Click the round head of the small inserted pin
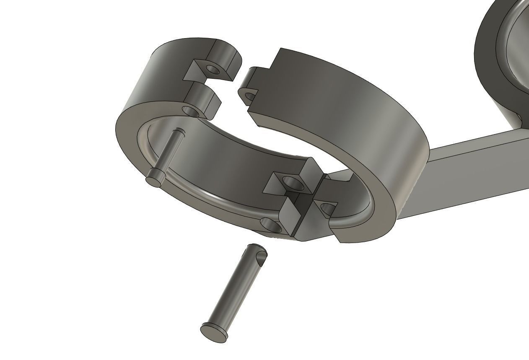click(155, 178)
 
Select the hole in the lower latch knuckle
click(191, 111)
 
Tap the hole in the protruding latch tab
click(249, 97)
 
